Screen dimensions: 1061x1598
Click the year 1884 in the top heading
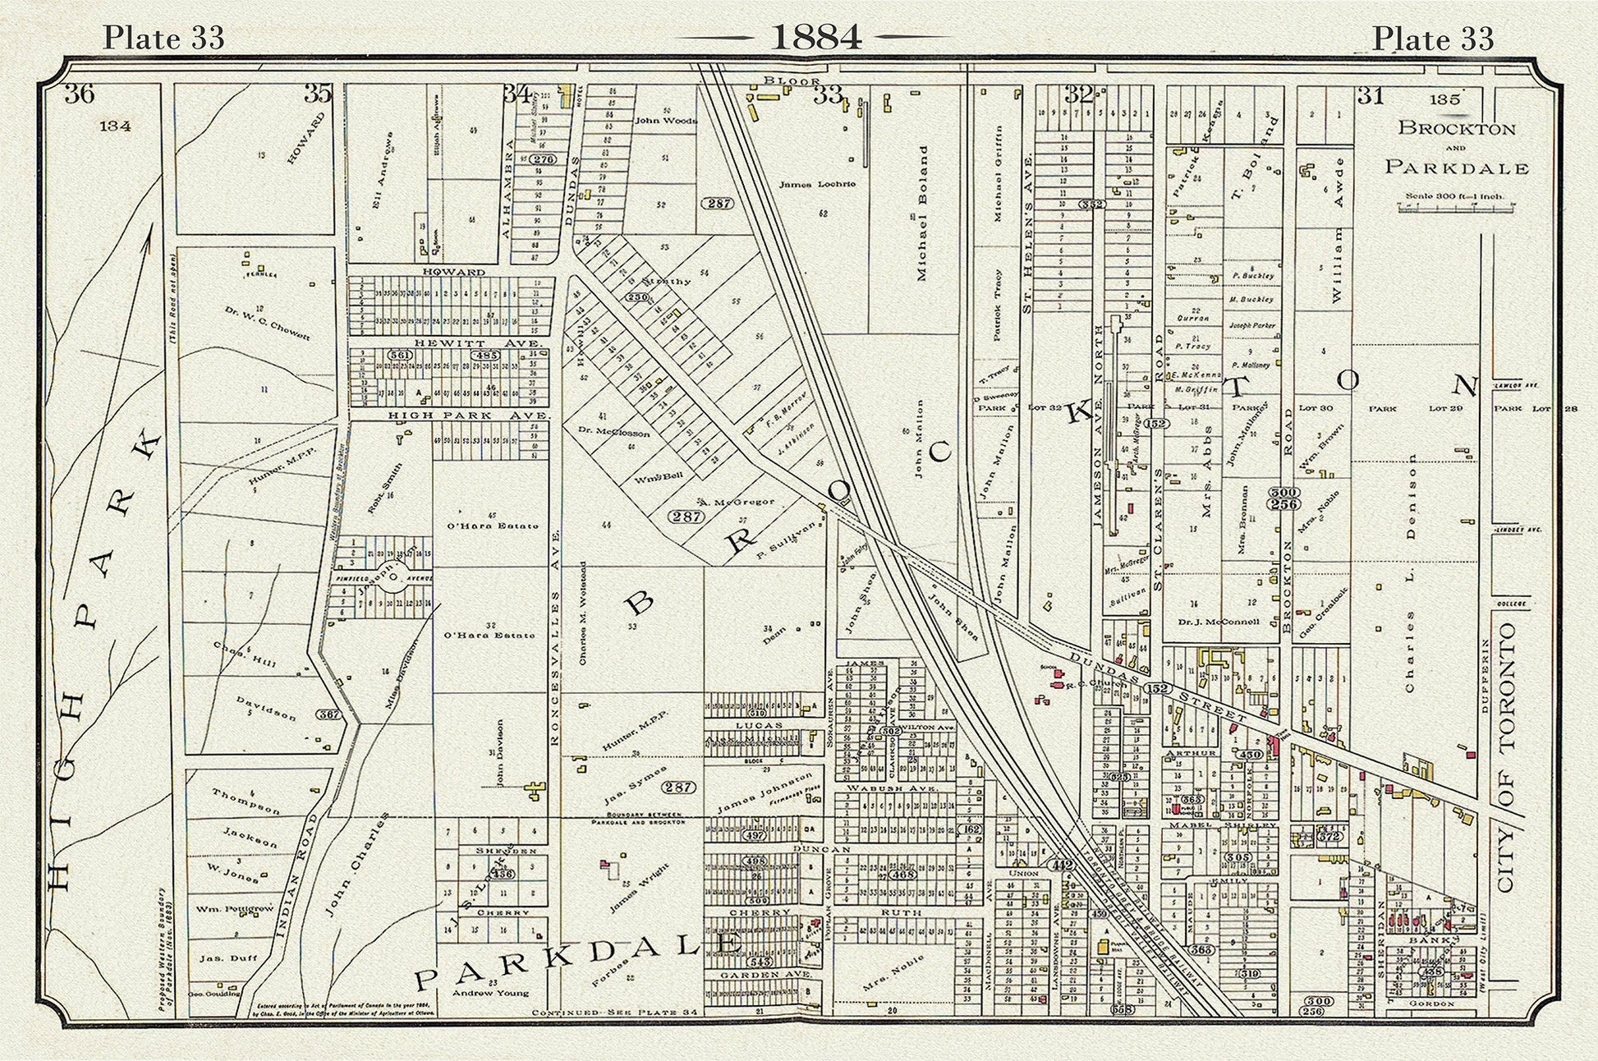coord(816,36)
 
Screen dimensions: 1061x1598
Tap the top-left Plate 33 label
coord(163,38)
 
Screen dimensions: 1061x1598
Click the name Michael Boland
coord(921,214)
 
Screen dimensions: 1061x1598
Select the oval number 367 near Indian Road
coord(328,714)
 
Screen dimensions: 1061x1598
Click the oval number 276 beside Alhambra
coord(543,159)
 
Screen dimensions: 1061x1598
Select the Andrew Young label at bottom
coord(490,992)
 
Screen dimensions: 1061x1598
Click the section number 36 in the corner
coord(80,94)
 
